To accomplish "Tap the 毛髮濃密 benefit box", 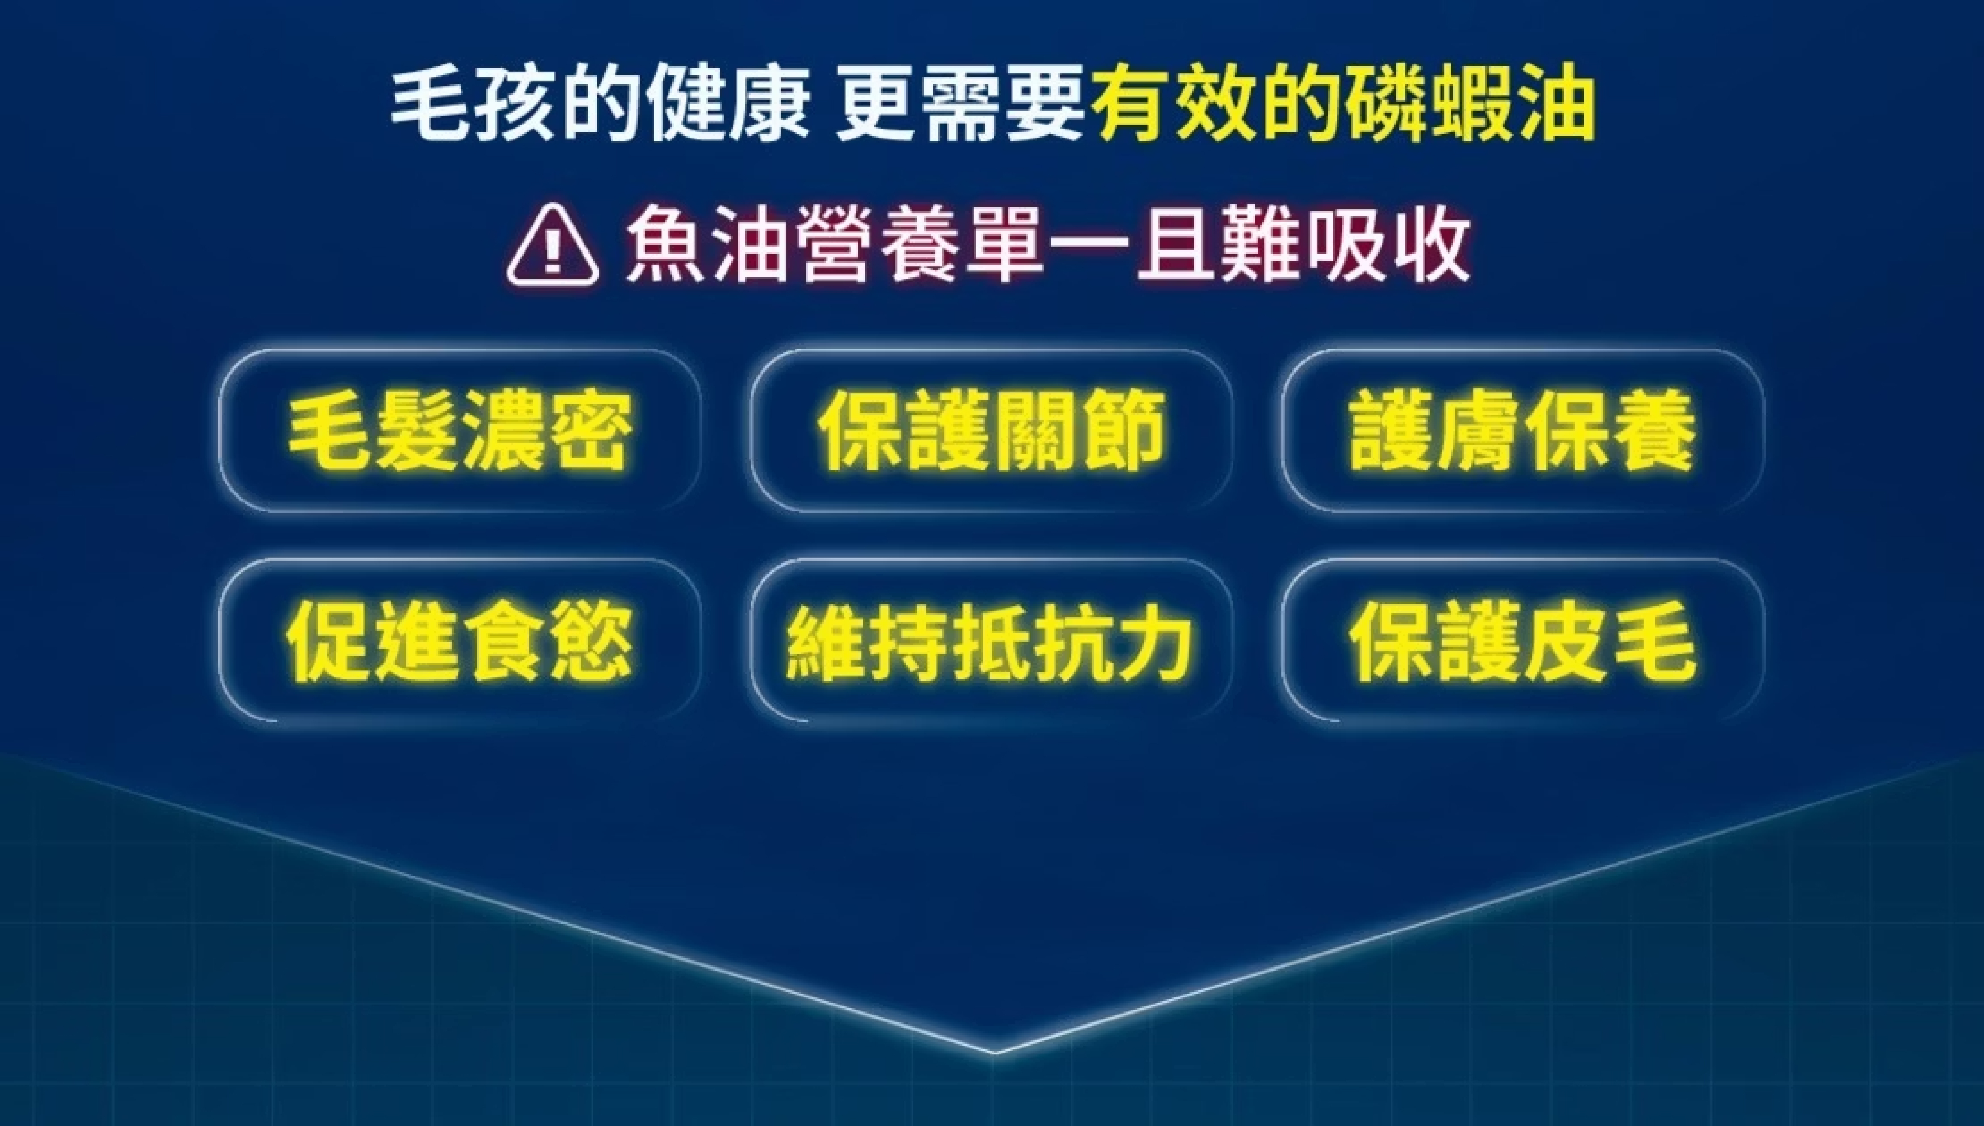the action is [460, 431].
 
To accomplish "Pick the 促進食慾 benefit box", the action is [460, 640].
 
